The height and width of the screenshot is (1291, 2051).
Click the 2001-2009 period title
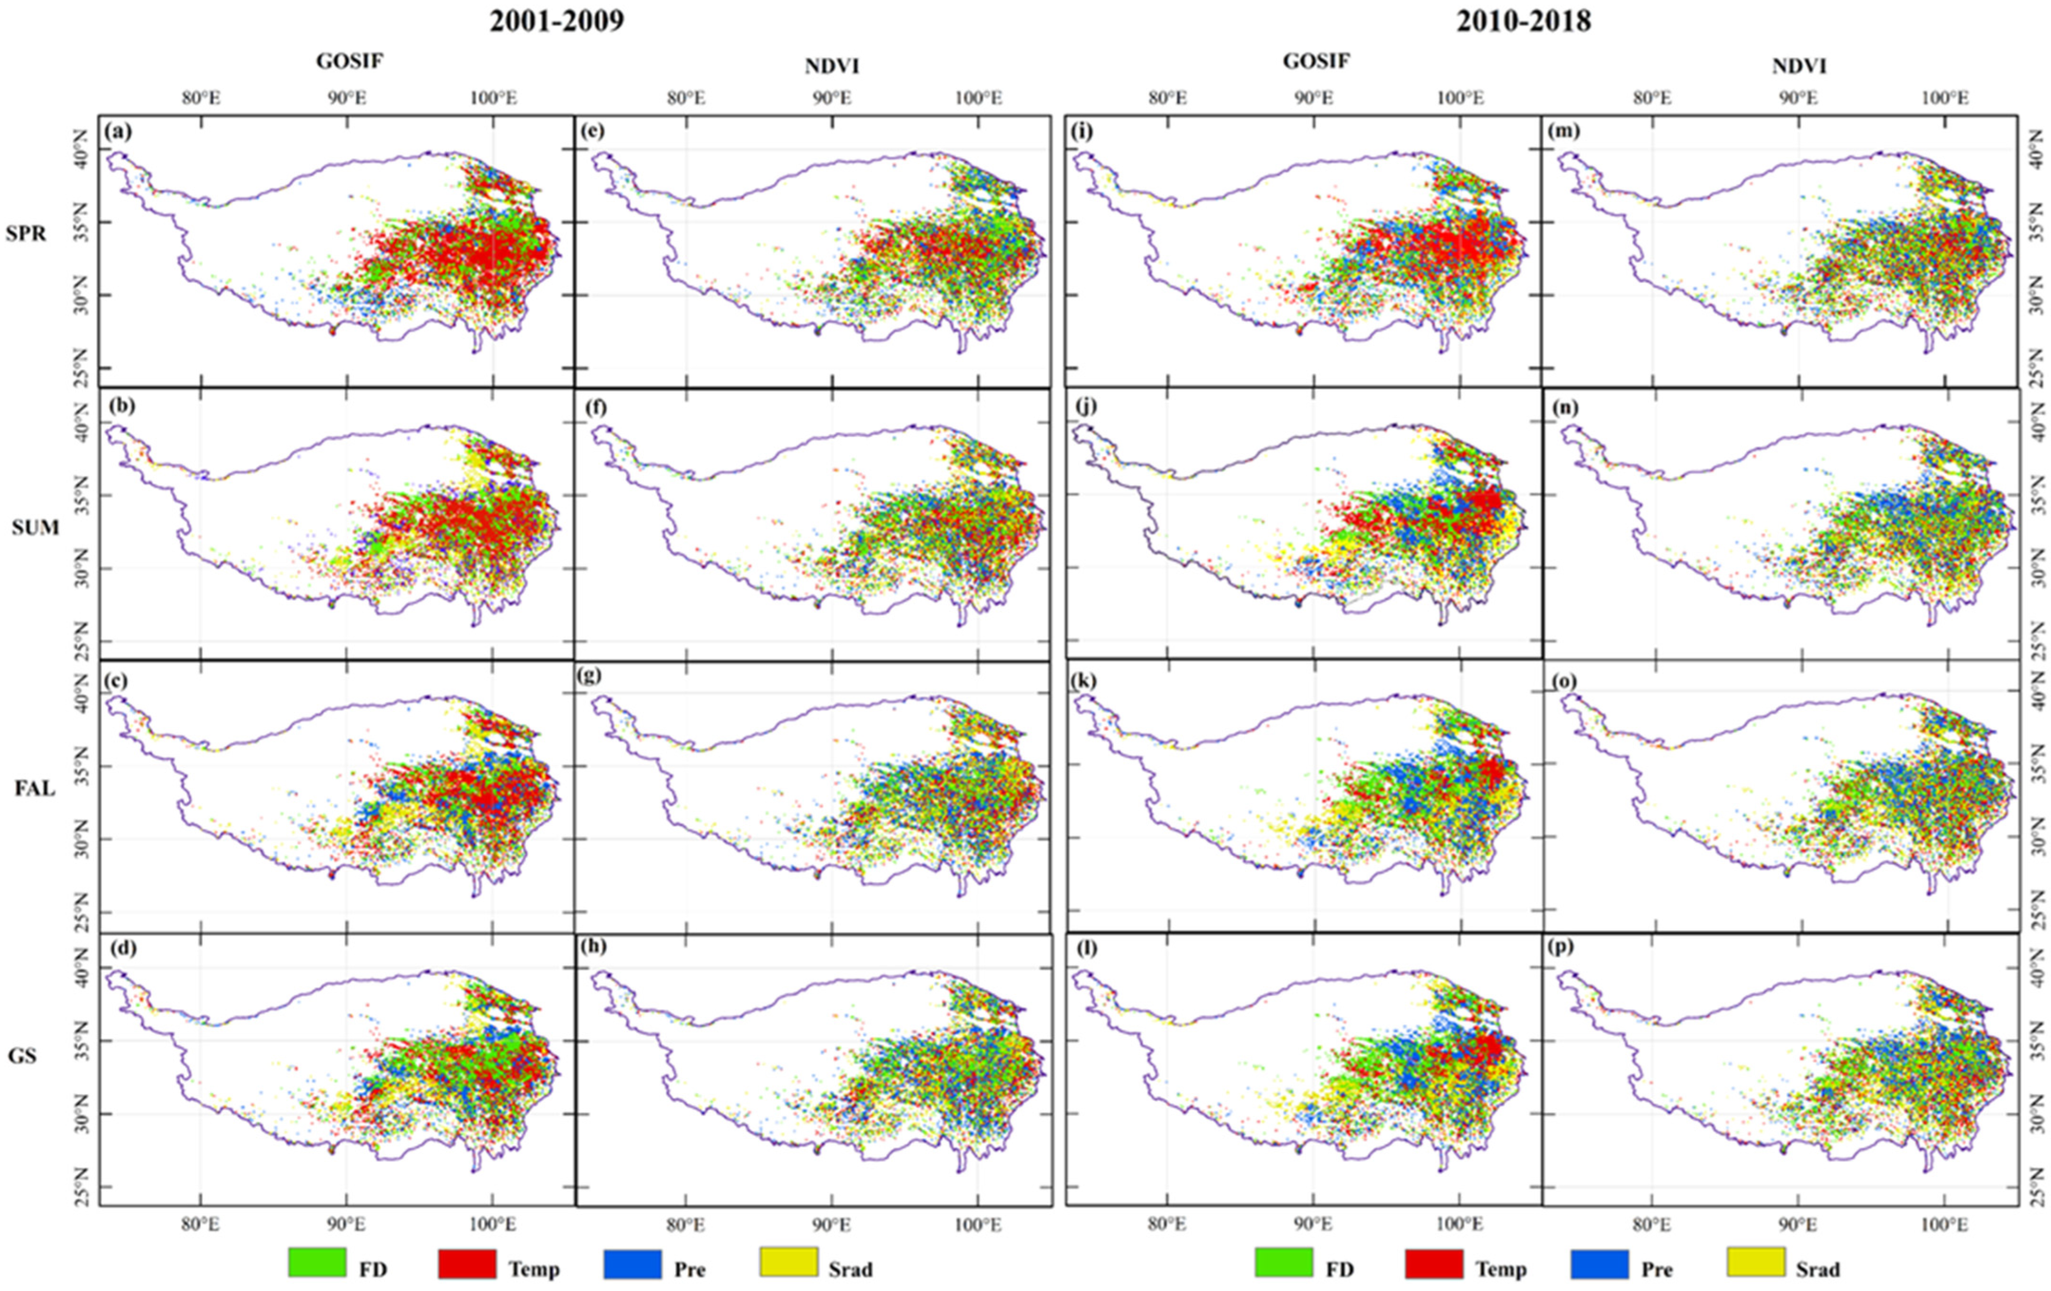[556, 21]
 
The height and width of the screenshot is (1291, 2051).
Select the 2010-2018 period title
[1523, 21]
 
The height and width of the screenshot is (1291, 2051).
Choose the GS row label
[23, 1057]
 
